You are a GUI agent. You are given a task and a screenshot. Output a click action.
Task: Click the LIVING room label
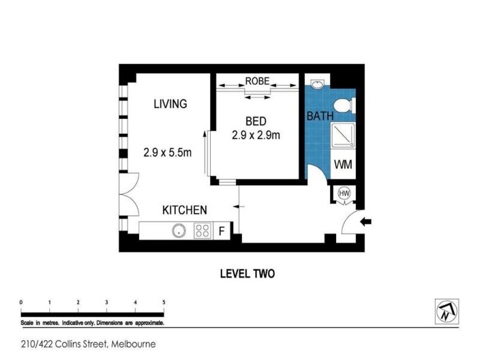point(170,104)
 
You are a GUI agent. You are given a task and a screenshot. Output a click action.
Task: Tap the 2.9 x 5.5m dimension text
point(167,152)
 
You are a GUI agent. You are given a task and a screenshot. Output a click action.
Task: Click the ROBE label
point(257,80)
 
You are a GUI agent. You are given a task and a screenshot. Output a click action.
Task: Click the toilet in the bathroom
point(344,106)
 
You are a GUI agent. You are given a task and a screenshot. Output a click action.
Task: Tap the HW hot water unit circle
point(344,193)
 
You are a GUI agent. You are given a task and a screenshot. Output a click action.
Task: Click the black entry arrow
point(365,222)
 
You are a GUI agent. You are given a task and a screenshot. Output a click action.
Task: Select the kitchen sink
point(178,230)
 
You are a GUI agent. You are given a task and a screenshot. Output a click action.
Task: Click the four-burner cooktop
point(202,230)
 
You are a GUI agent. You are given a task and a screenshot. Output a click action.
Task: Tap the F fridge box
point(221,231)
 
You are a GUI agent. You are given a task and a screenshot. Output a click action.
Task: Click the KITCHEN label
point(185,210)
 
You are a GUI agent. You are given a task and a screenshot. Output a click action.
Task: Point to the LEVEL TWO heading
point(247,274)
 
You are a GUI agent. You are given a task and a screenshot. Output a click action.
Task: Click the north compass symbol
point(446,310)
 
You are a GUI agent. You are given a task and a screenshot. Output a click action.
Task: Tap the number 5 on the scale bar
point(164,302)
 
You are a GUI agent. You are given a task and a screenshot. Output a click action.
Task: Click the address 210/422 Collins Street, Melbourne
point(88,344)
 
